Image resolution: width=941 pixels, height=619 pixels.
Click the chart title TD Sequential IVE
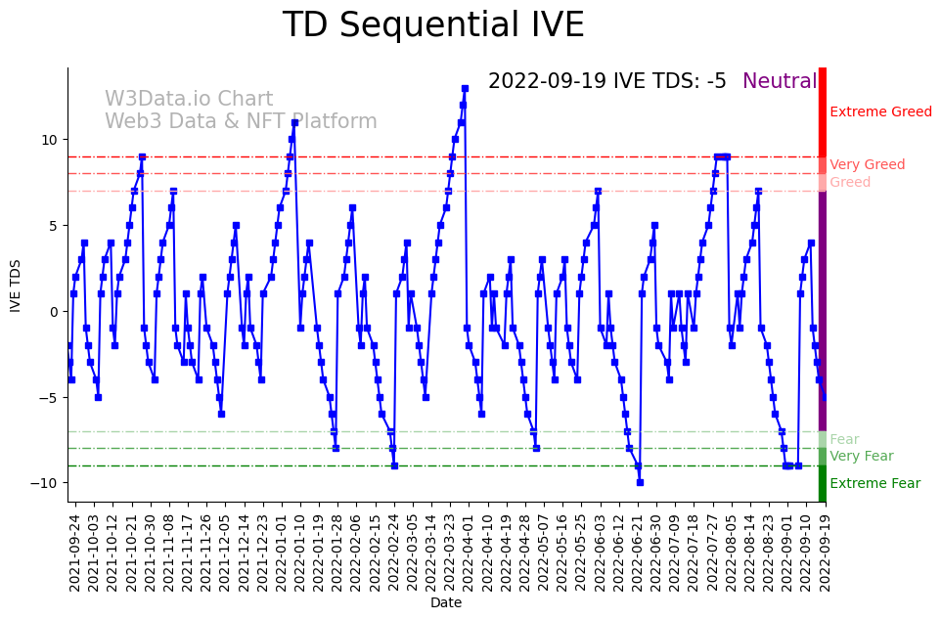click(432, 25)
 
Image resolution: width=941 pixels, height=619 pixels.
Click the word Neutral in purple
click(779, 82)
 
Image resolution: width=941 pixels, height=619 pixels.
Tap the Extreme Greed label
click(880, 112)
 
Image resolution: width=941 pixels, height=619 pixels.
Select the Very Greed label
click(867, 165)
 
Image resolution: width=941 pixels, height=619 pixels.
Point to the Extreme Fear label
click(874, 483)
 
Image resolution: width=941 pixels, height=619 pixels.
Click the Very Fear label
click(861, 456)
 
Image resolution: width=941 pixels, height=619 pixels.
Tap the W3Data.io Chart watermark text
click(189, 100)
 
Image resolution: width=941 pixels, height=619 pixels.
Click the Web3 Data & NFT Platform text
click(241, 122)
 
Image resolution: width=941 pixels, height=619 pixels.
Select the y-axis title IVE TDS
click(16, 285)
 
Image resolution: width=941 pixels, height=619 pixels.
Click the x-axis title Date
click(445, 603)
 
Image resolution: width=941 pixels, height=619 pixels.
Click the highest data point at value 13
click(465, 88)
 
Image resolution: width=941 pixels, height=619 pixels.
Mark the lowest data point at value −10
click(640, 482)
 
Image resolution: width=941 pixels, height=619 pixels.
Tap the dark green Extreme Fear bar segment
click(823, 483)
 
